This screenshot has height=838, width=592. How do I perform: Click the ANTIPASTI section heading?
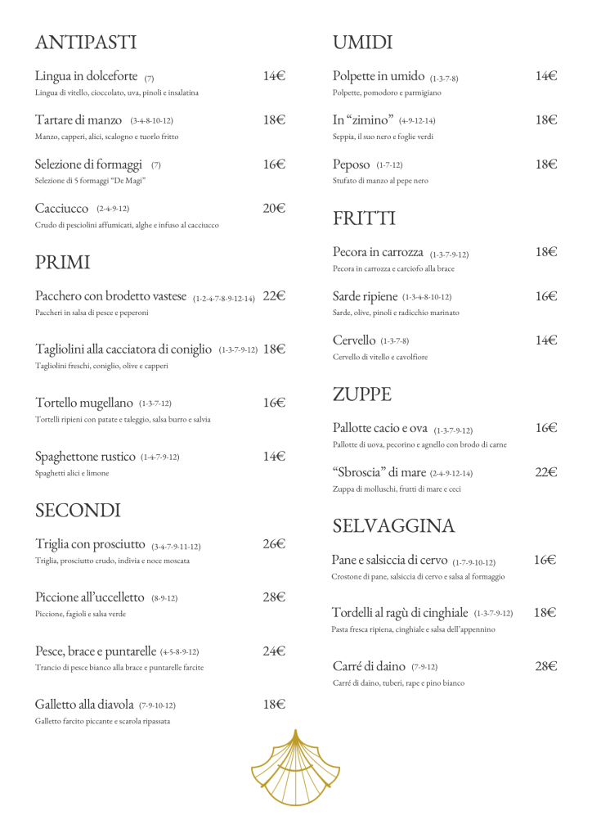(86, 43)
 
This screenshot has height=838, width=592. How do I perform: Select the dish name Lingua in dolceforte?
(87, 76)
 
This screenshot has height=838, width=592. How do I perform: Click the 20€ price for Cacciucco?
(274, 208)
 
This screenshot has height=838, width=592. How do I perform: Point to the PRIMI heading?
(62, 263)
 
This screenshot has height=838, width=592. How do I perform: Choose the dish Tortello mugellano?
(84, 403)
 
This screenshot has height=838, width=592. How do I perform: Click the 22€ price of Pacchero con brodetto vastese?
(274, 296)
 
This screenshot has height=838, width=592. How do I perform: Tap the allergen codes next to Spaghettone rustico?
(160, 457)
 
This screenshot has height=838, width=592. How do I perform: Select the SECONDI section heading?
(78, 511)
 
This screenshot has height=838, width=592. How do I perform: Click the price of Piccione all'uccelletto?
(274, 597)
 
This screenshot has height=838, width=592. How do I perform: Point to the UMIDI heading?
(362, 43)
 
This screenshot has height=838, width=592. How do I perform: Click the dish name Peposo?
(352, 164)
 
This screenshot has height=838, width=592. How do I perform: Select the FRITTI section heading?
(364, 219)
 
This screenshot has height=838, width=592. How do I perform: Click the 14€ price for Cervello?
(546, 340)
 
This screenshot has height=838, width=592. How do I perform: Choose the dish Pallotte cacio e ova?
(380, 428)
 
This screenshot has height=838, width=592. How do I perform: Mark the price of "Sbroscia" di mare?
(546, 472)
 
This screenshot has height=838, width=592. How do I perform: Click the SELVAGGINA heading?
(393, 525)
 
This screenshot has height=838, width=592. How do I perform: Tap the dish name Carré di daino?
(369, 666)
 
